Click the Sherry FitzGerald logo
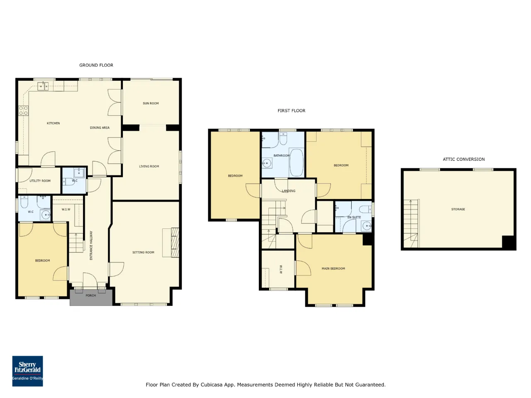pos(27,371)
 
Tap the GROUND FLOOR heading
pos(96,65)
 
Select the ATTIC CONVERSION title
pos(463,159)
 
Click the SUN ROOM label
pos(151,103)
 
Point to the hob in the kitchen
pos(24,111)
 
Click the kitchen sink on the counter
pos(43,86)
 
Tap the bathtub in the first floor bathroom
pos(296,163)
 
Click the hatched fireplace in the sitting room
pos(175,243)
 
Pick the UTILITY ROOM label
pos(40,181)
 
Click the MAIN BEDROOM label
pos(333,269)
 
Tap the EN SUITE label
pos(354,217)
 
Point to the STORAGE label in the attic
pos(458,209)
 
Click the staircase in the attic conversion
pos(411,223)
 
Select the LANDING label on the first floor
pos(288,191)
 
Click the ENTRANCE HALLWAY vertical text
pos(91,245)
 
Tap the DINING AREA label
pos(100,128)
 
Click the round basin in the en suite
pos(367,226)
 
